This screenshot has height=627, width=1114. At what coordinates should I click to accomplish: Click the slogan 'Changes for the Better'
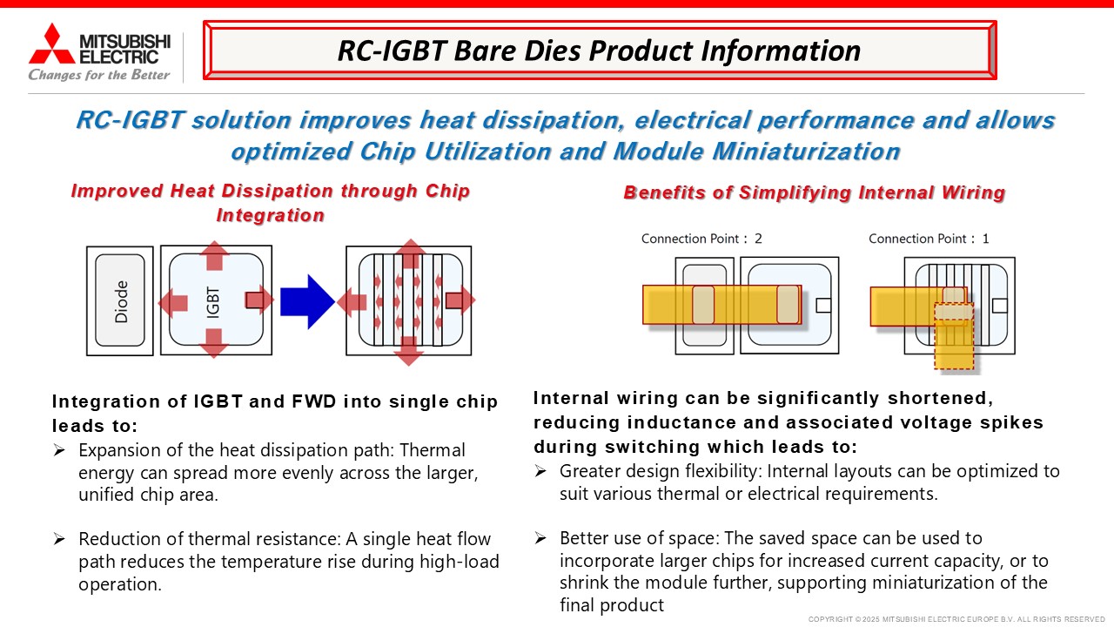click(x=99, y=75)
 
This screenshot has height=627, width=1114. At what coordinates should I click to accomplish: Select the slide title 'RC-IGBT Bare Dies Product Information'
click(x=599, y=51)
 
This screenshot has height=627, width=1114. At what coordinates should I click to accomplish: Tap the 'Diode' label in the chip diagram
click(x=121, y=301)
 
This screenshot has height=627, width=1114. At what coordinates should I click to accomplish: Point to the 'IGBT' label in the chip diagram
click(x=212, y=302)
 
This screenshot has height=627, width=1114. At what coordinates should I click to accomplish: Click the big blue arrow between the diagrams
click(x=307, y=301)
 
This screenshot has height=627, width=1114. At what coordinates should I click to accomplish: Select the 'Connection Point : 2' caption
click(x=701, y=239)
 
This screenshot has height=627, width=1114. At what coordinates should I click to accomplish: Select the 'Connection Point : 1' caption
click(x=929, y=239)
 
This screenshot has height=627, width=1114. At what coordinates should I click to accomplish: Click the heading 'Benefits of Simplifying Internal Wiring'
click(x=814, y=192)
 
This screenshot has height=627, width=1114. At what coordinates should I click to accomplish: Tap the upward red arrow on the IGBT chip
click(x=214, y=256)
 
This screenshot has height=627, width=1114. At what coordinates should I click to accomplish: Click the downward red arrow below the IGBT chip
click(x=214, y=343)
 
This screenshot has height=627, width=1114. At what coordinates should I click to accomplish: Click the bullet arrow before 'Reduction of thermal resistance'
click(x=59, y=539)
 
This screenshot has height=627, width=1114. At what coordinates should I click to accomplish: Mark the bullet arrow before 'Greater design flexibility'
click(x=540, y=471)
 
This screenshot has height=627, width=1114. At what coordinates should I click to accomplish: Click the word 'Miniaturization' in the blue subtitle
click(x=806, y=152)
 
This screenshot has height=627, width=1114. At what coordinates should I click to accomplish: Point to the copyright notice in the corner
click(x=956, y=619)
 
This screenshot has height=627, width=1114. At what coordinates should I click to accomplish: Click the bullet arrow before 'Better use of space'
click(x=540, y=538)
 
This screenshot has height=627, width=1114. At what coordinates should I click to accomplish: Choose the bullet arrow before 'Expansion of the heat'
click(x=59, y=450)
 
